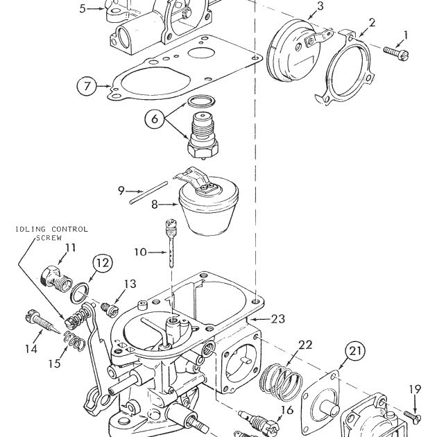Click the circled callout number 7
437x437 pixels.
click(x=87, y=87)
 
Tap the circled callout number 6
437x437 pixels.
click(x=155, y=119)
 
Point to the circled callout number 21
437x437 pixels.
click(x=354, y=352)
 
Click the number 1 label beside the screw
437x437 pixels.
click(x=406, y=34)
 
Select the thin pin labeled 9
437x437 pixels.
click(x=147, y=193)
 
